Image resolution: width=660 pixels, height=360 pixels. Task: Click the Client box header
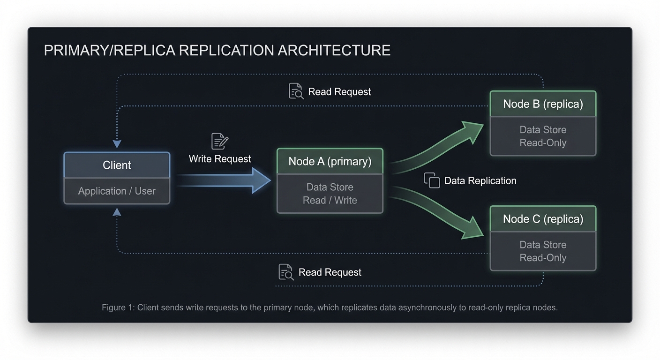(x=117, y=165)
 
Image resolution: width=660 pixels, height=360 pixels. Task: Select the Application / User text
(x=117, y=191)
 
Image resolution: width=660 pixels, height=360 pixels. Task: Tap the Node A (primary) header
(x=330, y=161)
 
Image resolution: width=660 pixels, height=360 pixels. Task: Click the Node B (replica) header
(x=543, y=104)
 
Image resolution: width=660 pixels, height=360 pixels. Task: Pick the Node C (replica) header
(x=543, y=219)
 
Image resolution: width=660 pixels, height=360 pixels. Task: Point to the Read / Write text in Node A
(x=330, y=200)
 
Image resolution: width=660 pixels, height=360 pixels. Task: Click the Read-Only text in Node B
(x=543, y=143)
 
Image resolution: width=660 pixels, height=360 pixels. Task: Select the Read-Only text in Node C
(x=543, y=258)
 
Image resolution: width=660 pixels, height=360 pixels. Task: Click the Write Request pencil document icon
(x=219, y=141)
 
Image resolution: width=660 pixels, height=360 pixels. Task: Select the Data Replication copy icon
(x=432, y=180)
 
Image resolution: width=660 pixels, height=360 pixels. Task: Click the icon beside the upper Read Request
(x=296, y=91)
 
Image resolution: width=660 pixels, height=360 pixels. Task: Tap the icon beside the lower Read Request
(x=286, y=272)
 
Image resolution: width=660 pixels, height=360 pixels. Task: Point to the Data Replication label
(x=480, y=181)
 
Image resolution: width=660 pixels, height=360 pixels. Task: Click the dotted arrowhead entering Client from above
(x=117, y=143)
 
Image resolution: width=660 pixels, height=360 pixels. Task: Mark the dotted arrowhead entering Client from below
(x=117, y=212)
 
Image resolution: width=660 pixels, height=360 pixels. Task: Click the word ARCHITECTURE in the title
(x=334, y=51)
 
